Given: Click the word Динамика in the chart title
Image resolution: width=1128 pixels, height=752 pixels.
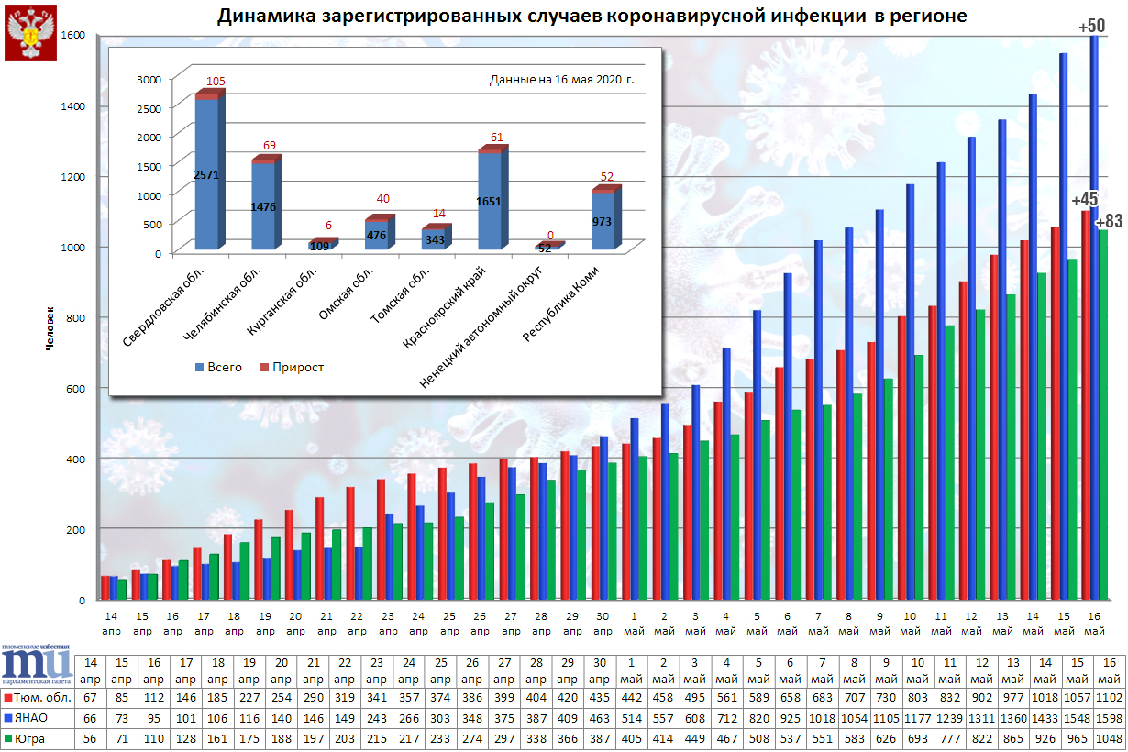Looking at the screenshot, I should tap(260, 17).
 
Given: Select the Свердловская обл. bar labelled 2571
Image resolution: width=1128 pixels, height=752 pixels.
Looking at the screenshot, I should tap(207, 174).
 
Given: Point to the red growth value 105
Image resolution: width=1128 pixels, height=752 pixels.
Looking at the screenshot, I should tap(216, 82).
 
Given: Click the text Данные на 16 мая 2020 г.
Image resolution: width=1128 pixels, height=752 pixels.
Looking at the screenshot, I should tap(561, 80).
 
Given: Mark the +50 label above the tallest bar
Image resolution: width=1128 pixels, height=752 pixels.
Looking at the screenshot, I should tap(1091, 26).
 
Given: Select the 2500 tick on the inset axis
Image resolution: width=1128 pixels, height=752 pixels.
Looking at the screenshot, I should tap(149, 108).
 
